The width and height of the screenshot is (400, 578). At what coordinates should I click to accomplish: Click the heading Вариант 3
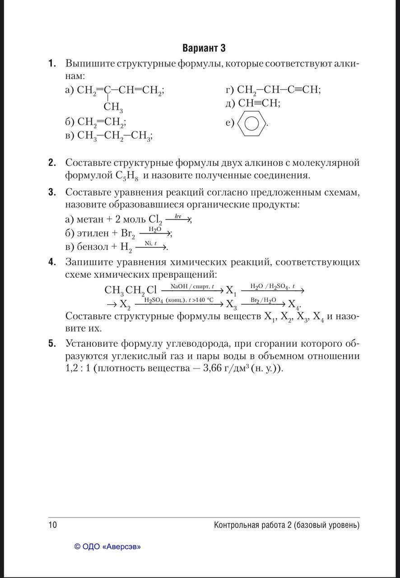[204, 48]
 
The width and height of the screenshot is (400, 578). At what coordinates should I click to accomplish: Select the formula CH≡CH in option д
[259, 103]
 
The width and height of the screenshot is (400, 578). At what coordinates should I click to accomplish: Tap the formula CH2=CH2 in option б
[101, 122]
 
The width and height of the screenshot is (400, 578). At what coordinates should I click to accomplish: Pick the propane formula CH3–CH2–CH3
[114, 135]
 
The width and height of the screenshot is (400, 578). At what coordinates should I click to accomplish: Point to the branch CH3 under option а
[113, 107]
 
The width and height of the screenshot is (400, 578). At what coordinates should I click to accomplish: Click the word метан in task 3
[91, 219]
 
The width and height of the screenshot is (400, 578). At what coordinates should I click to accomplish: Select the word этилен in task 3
[93, 233]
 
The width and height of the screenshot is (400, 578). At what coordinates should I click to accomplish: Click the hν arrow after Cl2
[178, 219]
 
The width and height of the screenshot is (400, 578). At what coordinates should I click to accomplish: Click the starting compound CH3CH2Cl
[130, 290]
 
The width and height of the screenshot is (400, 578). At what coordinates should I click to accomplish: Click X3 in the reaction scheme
[231, 303]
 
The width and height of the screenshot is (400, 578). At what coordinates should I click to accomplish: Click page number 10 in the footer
[53, 525]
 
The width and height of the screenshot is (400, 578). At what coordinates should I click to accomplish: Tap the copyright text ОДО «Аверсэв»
[107, 547]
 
